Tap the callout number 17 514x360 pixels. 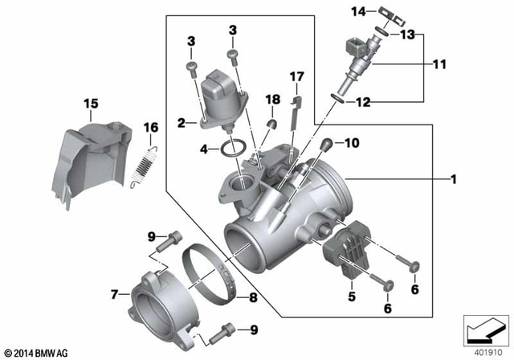296,77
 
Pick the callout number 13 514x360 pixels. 408,35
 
